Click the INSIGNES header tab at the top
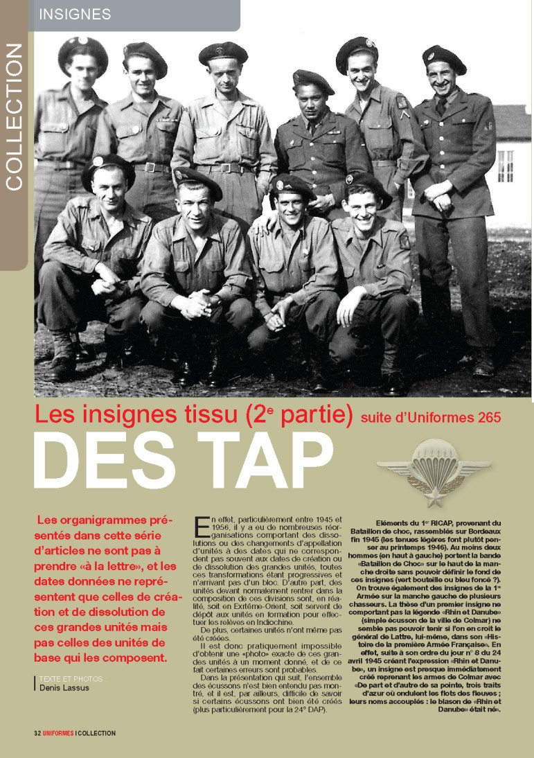[75, 14]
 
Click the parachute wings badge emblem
[434, 474]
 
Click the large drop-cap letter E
[202, 527]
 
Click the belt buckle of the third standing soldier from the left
[224, 168]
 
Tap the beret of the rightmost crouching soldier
[368, 184]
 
